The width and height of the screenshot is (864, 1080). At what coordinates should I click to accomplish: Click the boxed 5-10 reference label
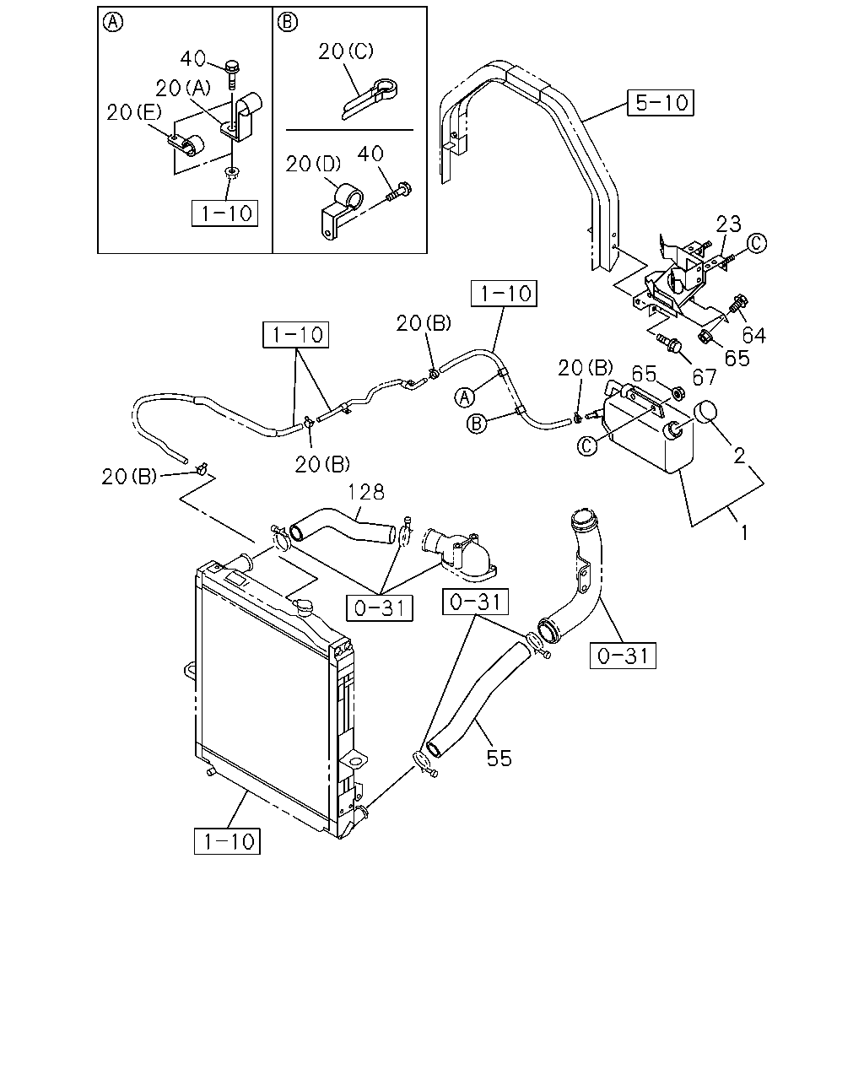tap(660, 103)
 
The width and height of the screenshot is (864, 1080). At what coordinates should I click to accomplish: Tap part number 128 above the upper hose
tap(366, 492)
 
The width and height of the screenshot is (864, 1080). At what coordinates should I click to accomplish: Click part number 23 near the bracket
tap(728, 224)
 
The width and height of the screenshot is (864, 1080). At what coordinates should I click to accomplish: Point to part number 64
tap(754, 335)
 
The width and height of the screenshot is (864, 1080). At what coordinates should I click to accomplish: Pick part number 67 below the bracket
tap(705, 377)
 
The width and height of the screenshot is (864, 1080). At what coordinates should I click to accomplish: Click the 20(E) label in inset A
tap(134, 113)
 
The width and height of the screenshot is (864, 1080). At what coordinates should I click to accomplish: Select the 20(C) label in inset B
tap(346, 51)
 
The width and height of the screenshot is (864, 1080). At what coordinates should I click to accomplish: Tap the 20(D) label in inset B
tap(313, 164)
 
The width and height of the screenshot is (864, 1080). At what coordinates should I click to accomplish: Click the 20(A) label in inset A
tap(183, 89)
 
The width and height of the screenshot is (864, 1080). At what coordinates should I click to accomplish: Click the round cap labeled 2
tap(705, 412)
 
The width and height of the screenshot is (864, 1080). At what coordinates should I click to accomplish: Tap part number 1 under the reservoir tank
tap(744, 532)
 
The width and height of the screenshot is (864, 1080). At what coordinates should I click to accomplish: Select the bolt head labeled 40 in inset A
tap(232, 66)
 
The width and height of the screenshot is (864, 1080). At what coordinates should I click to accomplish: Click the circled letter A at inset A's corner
tap(113, 22)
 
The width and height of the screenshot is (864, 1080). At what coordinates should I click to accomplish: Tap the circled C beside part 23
tap(757, 243)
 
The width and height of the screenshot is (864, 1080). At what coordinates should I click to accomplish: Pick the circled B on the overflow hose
tap(477, 424)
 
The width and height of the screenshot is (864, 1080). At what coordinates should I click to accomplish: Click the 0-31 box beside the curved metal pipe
tap(623, 656)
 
